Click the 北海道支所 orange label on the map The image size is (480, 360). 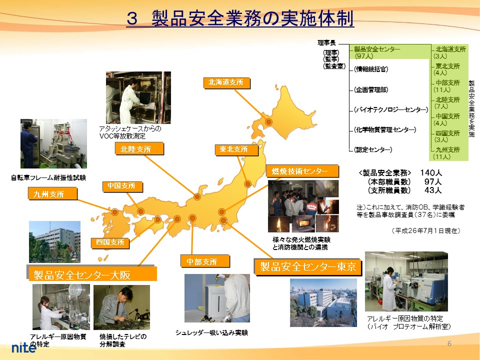[227, 82]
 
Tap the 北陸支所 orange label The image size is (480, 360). [139, 149]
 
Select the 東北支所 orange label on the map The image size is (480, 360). [236, 149]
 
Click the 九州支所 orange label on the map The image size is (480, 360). [52, 194]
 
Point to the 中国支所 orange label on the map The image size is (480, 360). [122, 186]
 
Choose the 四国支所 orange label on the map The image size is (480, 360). [110, 243]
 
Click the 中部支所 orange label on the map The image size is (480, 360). [205, 261]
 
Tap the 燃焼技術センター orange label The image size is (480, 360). [302, 171]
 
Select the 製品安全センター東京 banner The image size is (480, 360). [308, 266]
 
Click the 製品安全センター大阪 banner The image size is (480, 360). [92, 274]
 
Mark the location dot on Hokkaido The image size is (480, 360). [269, 122]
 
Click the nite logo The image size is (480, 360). [24, 347]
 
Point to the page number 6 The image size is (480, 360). [449, 343]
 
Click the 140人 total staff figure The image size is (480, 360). [430, 173]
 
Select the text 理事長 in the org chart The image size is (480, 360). [326, 43]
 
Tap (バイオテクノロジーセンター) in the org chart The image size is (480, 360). [390, 110]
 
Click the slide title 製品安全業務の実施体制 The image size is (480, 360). [240, 18]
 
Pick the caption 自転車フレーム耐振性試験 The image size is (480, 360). [48, 177]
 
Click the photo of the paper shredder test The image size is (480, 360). [217, 298]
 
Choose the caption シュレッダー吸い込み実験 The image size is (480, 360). [211, 333]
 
